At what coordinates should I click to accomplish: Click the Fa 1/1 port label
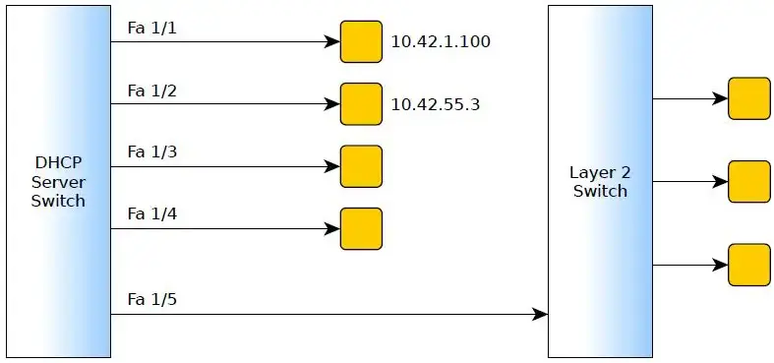(x=151, y=29)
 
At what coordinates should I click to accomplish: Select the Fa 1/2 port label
(x=151, y=91)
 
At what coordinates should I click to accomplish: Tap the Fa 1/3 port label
(x=151, y=152)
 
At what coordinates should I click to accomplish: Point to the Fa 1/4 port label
(x=151, y=213)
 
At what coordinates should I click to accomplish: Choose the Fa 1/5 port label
(x=151, y=298)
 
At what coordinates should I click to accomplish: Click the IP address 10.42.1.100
(x=441, y=42)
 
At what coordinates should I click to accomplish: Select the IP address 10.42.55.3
(x=436, y=104)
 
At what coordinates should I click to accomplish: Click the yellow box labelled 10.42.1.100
(x=361, y=42)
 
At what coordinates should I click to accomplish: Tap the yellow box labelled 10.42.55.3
(x=361, y=104)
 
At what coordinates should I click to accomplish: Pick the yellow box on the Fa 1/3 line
(x=361, y=166)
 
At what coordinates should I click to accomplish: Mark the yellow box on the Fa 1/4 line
(x=361, y=228)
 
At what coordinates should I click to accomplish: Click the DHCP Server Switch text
(x=58, y=182)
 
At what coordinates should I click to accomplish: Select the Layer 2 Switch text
(x=599, y=182)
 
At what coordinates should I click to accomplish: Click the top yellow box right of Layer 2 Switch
(x=748, y=98)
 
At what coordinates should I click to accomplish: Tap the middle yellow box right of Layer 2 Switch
(x=748, y=181)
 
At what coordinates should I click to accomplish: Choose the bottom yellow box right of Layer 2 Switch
(x=748, y=265)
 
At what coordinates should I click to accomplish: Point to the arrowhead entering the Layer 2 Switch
(x=540, y=315)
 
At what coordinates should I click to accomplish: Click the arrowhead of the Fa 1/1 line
(x=332, y=42)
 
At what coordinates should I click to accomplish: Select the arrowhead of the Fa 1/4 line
(x=332, y=229)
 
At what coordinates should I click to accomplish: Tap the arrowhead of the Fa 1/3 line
(x=332, y=167)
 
